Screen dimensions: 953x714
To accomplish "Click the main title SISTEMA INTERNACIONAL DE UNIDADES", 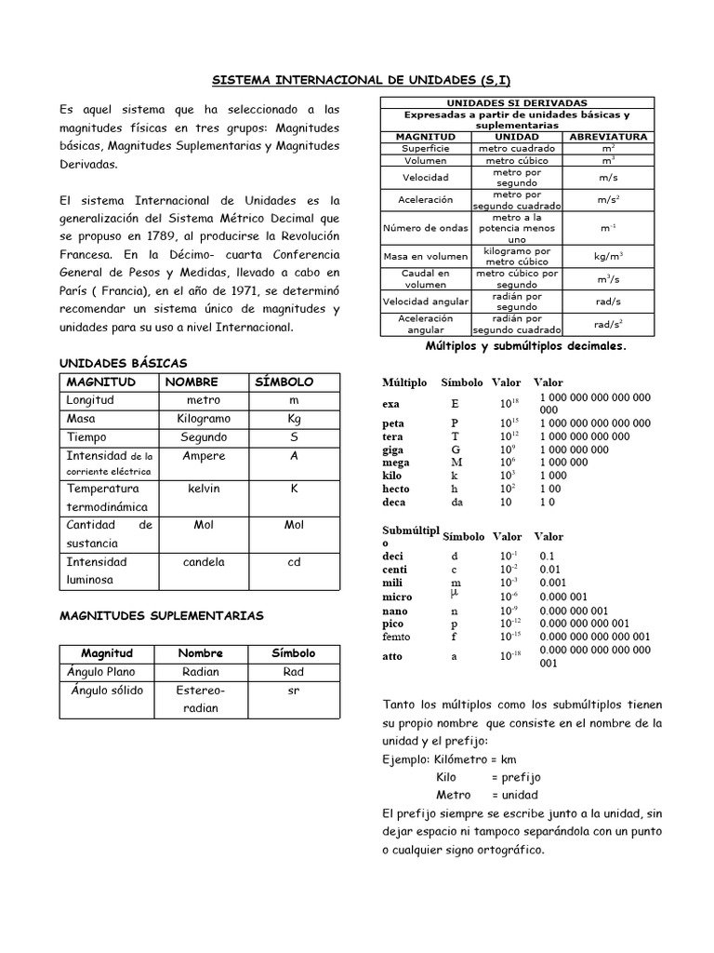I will (358, 81).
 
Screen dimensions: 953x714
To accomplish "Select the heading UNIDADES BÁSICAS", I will (123, 362).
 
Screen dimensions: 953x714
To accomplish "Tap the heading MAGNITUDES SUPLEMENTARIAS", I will (162, 615).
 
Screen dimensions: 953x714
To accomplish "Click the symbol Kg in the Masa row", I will (294, 419).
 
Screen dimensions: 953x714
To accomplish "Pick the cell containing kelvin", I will (204, 489).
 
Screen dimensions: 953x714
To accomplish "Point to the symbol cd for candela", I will (294, 562).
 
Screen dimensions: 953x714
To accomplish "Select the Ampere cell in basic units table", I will (204, 456).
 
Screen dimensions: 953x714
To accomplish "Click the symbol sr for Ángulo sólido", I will (293, 691).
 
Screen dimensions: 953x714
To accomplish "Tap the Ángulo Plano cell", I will (101, 672).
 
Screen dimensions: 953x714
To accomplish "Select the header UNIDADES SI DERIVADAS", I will (517, 102).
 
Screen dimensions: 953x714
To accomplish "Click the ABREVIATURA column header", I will (609, 137).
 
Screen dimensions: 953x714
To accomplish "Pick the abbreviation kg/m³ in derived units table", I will (609, 256).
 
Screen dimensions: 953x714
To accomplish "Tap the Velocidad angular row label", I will (426, 302).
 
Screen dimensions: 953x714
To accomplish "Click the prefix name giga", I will (394, 450).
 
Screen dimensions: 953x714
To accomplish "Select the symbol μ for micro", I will (455, 592).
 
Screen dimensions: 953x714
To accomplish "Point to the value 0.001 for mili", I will (554, 583).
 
